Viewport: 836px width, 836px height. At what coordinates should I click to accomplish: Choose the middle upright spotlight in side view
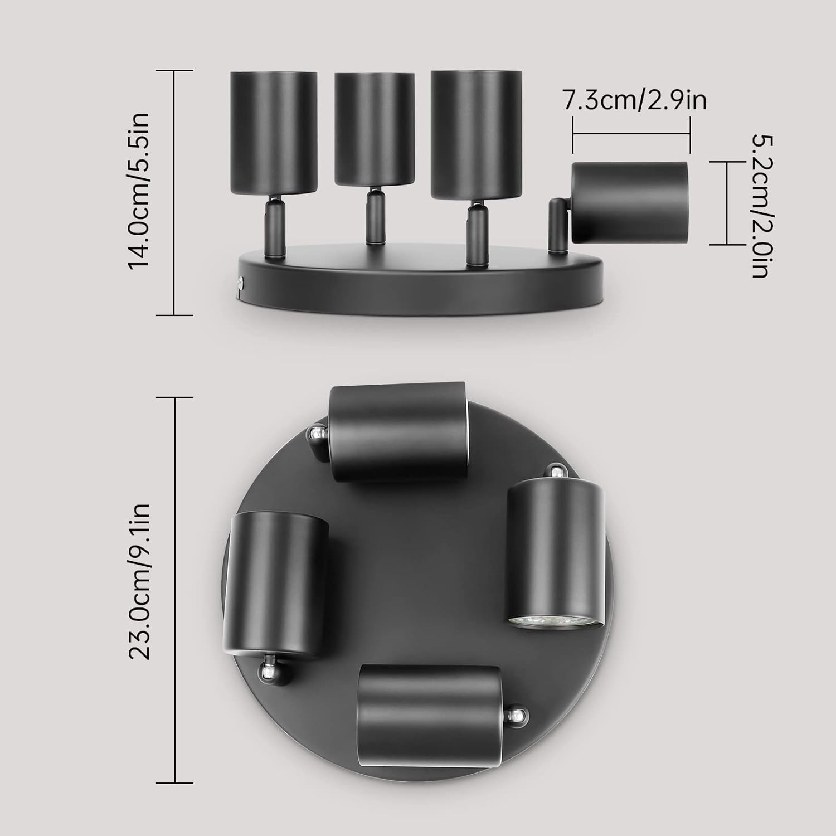(374, 129)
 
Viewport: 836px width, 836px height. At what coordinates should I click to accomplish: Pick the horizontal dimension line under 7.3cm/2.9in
(631, 134)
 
